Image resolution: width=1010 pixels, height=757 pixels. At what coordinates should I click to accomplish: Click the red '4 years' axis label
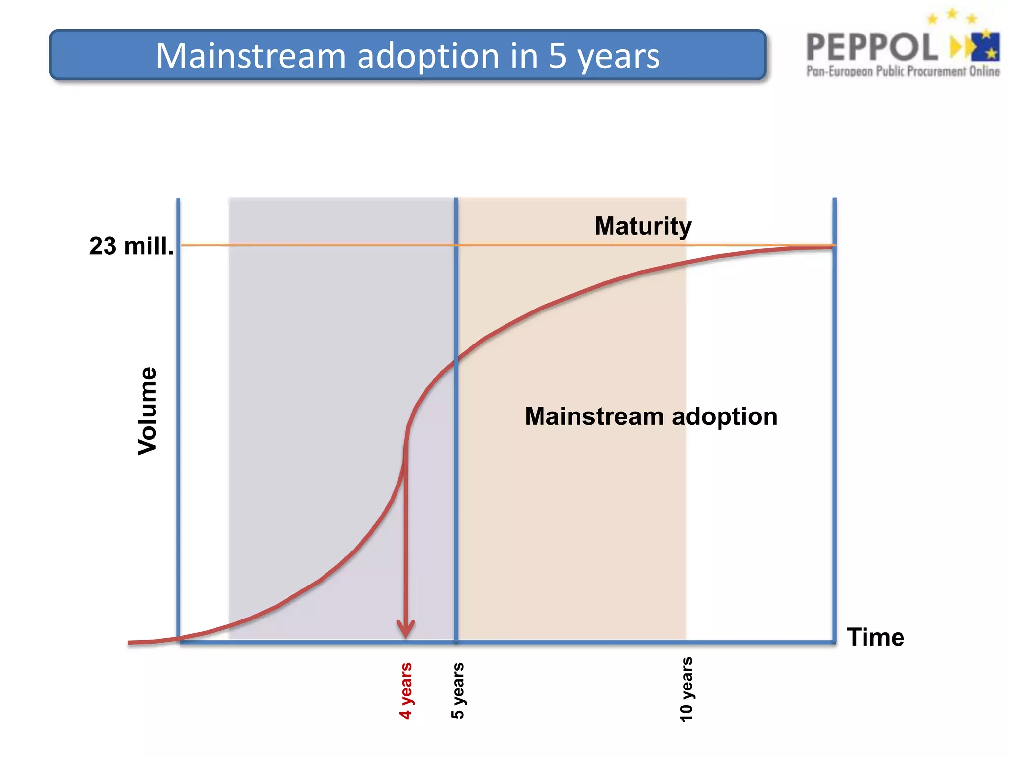point(405,690)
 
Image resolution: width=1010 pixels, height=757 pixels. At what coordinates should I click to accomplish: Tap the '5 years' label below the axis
point(458,690)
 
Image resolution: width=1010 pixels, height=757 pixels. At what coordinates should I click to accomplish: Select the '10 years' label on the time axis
point(686,689)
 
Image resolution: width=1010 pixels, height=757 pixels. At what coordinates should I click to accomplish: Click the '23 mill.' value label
point(131,246)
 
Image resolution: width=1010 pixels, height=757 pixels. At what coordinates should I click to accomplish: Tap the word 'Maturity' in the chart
point(643,226)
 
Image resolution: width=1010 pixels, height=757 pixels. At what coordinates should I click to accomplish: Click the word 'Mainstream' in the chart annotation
point(594,416)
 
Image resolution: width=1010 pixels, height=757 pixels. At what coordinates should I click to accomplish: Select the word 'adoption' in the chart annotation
point(724,416)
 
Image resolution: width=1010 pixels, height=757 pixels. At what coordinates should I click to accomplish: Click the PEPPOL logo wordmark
point(871,47)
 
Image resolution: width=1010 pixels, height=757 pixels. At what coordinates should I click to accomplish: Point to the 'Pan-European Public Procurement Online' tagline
point(902,71)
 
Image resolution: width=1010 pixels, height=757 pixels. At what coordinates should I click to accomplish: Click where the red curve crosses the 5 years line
point(456,360)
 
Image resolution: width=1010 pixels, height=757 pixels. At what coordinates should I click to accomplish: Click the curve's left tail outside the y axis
point(148,642)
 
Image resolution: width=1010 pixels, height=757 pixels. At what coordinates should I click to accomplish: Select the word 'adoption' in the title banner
point(428,57)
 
